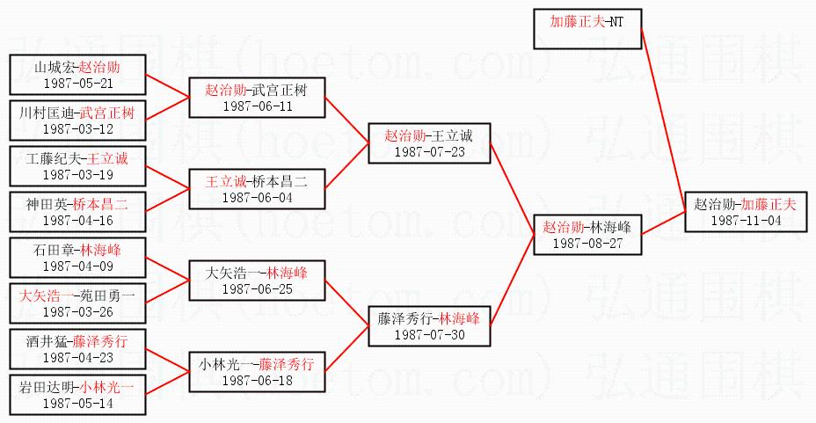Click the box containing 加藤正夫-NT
pos(588,28)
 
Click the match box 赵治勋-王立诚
pos(428,143)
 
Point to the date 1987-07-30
pos(428,335)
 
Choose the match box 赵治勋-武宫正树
pos(257,97)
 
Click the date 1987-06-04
pos(257,197)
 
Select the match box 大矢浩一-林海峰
pos(257,280)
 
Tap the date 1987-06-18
pos(257,380)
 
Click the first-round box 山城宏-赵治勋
pos(77,75)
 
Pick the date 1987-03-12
pos(77,129)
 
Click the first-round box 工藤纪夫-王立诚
pos(77,166)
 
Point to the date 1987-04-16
pos(77,221)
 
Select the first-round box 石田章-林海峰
pos(77,258)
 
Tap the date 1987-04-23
pos(77,358)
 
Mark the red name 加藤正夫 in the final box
pos(768,204)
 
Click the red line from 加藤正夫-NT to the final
pos(663,114)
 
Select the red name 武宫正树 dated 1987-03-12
pos(107,113)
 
